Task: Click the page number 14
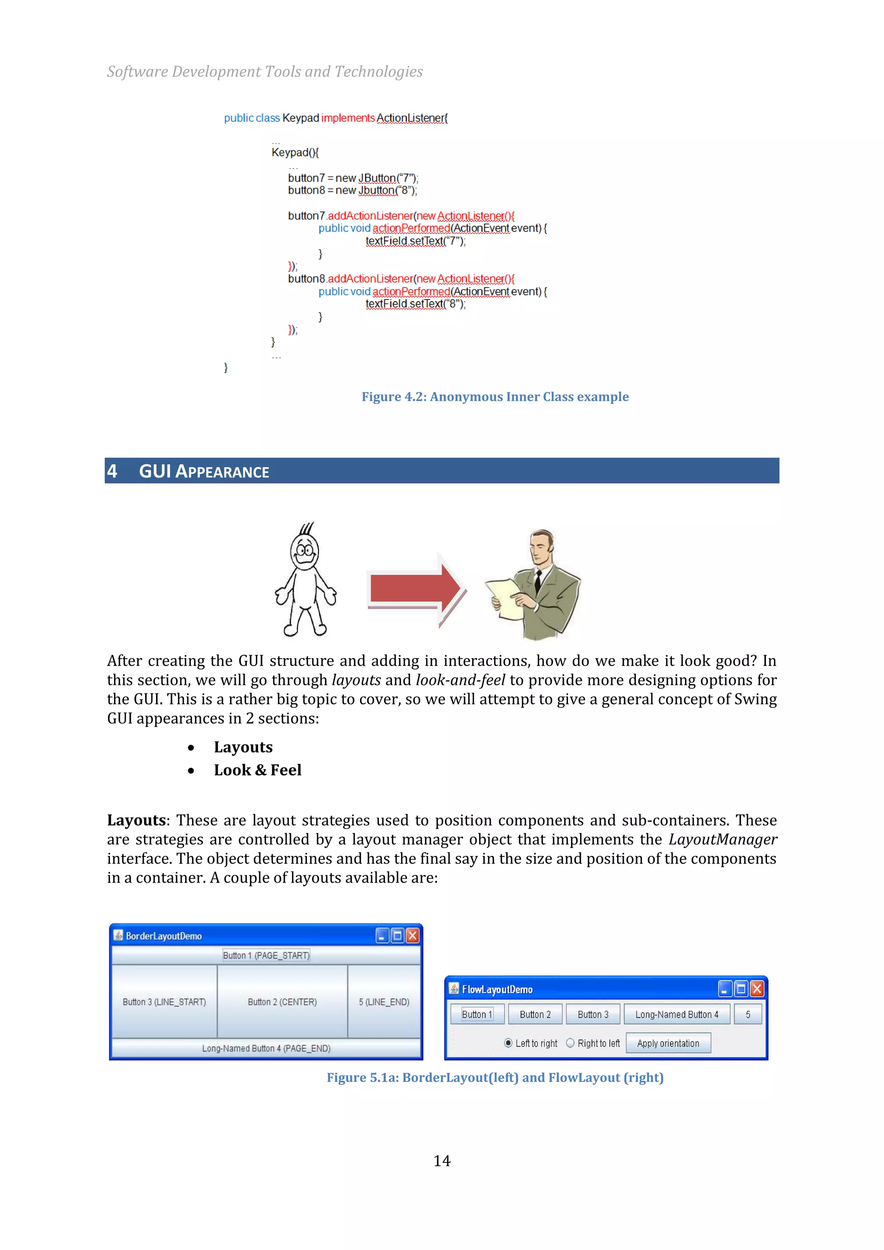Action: (442, 1161)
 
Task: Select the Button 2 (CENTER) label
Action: (282, 1002)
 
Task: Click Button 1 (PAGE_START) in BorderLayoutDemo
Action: (266, 956)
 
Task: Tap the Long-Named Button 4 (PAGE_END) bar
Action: (266, 1048)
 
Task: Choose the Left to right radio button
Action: (508, 1043)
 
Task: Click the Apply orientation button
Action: (668, 1043)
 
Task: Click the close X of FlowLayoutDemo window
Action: (757, 989)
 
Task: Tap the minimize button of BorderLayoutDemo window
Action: (382, 935)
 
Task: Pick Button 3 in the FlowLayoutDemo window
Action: (593, 1014)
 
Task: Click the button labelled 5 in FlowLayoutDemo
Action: (747, 1014)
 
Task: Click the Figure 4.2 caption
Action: (495, 397)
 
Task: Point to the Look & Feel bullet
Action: (257, 770)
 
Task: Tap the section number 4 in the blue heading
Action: (112, 471)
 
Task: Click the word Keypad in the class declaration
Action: (300, 118)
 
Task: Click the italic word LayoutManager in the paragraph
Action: (722, 840)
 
